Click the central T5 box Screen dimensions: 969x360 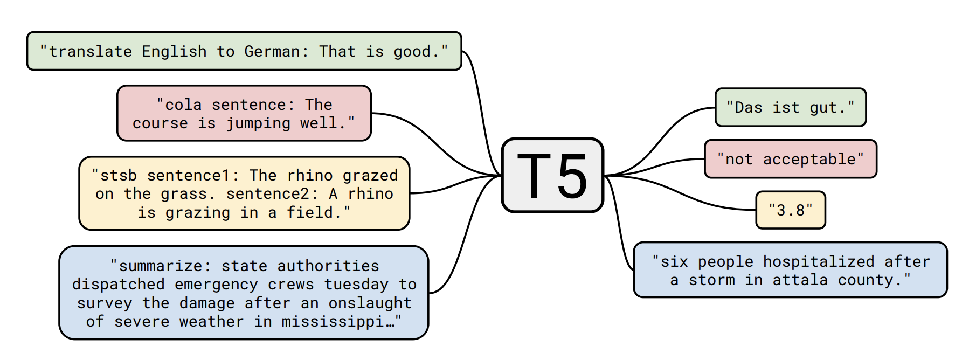(552, 175)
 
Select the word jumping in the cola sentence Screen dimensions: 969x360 (258, 123)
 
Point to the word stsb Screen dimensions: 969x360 (119, 175)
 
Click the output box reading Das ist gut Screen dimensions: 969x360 (791, 107)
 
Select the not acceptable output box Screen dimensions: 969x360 (791, 159)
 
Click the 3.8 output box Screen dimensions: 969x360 (791, 210)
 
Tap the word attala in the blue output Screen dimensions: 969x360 (800, 280)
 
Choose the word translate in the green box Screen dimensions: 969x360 (91, 51)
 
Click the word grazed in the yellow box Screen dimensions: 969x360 (370, 175)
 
